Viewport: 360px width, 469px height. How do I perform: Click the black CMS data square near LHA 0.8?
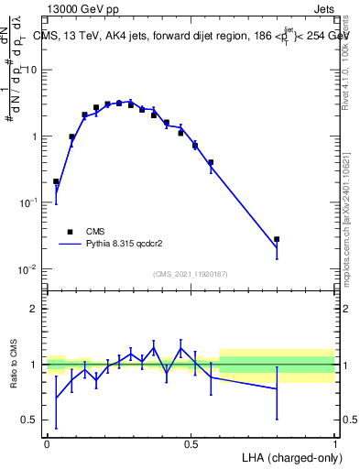point(277,239)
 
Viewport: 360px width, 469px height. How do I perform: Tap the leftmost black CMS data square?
point(56,181)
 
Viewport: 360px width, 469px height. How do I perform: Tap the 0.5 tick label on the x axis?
point(191,443)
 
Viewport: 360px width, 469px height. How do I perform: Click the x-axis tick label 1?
point(334,443)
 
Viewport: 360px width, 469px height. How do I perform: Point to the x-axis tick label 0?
point(48,443)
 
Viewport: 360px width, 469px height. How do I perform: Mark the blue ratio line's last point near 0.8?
point(277,388)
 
